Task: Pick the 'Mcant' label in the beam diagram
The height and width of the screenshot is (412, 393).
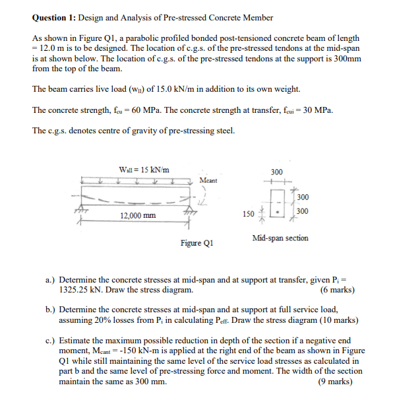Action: tap(208, 180)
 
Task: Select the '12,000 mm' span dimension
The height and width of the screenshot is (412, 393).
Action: tap(138, 216)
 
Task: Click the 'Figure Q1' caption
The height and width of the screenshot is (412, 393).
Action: tap(197, 242)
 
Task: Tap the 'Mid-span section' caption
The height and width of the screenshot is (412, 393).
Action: tap(280, 238)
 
